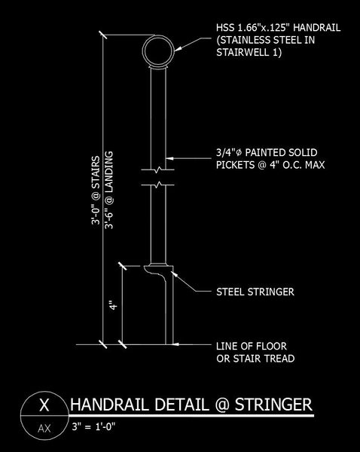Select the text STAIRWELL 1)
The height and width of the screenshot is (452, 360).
tap(249, 53)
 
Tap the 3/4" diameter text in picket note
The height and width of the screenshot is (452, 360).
tap(228, 152)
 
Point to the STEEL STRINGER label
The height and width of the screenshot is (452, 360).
tap(255, 292)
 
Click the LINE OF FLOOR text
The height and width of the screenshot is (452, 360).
tap(252, 346)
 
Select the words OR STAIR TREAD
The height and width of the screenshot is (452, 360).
tap(255, 359)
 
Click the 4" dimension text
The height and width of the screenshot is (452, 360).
tap(114, 305)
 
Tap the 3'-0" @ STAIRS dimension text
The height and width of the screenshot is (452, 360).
tap(96, 191)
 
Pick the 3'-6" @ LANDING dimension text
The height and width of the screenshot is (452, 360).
tap(109, 191)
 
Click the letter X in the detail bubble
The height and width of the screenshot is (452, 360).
tap(44, 405)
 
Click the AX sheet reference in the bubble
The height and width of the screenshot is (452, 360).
tap(44, 429)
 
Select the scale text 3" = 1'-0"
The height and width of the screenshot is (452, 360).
tap(93, 426)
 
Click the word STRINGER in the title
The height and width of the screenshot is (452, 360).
tap(273, 405)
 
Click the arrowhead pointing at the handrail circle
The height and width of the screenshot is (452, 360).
tap(178, 49)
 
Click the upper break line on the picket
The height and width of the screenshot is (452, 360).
tap(157, 169)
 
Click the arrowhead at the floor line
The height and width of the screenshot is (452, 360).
tap(176, 344)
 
